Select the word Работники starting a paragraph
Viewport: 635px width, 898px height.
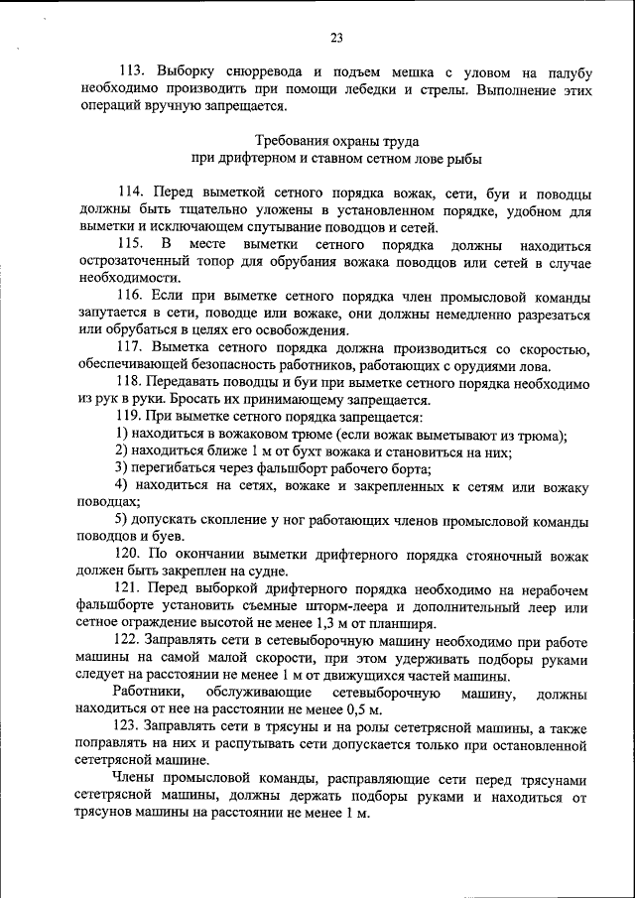pyautogui.click(x=147, y=692)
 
